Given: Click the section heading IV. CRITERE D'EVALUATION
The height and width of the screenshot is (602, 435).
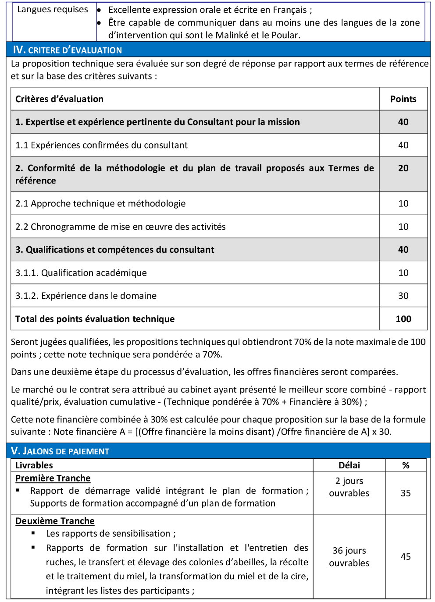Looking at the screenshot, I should click(x=68, y=50).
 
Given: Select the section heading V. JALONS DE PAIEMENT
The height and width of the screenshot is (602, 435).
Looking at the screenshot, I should click(x=60, y=451).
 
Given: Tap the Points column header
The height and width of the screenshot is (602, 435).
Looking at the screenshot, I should click(x=403, y=99).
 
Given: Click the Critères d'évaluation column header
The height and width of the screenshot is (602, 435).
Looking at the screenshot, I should click(x=60, y=99).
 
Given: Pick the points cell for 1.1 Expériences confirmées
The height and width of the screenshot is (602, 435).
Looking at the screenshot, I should click(x=403, y=145).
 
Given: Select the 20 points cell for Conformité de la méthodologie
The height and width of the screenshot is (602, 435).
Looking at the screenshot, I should click(x=403, y=168).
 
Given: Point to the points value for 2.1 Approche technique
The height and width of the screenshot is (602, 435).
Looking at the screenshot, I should click(x=403, y=203).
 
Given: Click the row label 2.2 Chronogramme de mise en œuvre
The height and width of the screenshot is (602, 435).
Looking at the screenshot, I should click(x=121, y=227).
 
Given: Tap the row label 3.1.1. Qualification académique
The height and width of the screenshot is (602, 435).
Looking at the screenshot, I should click(x=81, y=273).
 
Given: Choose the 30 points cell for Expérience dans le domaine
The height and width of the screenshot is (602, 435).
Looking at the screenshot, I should click(x=403, y=296).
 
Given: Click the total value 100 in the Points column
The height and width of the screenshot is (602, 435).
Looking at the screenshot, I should click(x=403, y=319).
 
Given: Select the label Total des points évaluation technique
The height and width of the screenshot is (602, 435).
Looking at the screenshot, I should click(x=95, y=319).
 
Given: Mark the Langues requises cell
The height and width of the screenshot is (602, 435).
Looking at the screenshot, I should click(x=53, y=10).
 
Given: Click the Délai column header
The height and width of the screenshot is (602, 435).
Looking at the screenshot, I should click(x=349, y=465).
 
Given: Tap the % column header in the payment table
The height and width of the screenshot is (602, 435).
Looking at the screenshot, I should click(x=406, y=465).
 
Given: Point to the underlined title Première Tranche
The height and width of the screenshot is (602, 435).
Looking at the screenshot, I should click(x=53, y=478).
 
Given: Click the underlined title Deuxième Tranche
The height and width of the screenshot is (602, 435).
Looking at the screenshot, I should click(x=55, y=521).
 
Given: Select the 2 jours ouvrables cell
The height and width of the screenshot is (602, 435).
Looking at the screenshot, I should click(x=349, y=487).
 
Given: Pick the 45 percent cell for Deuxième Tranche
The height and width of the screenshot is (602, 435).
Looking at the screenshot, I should click(x=406, y=556).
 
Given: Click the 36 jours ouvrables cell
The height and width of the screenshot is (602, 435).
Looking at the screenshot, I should click(x=349, y=556).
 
